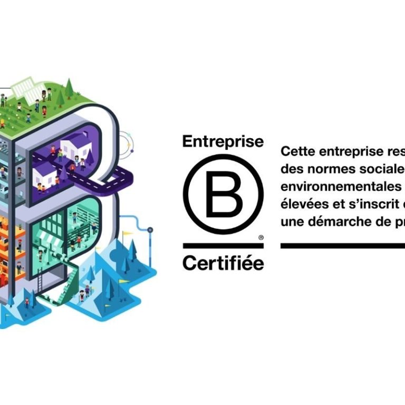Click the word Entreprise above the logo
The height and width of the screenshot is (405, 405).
point(223,142)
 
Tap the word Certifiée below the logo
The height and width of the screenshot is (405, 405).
point(223,262)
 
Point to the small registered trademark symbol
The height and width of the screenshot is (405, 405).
point(261,238)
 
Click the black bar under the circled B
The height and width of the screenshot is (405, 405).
point(223,246)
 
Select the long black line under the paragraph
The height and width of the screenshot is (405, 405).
point(343,246)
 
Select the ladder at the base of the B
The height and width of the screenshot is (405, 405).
point(40,283)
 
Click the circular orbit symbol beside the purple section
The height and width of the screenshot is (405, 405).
point(126,143)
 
